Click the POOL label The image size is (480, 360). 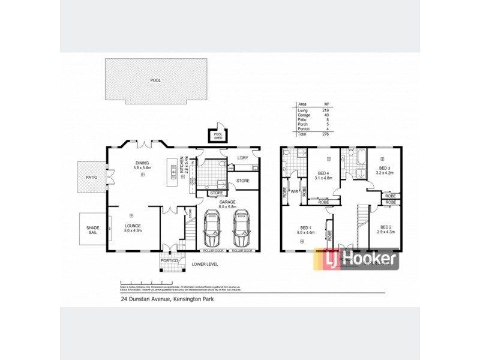156,80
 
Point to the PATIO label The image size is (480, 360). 91,177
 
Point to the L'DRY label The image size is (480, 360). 242,158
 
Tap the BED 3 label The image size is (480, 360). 385,167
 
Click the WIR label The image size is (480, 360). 295,193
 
